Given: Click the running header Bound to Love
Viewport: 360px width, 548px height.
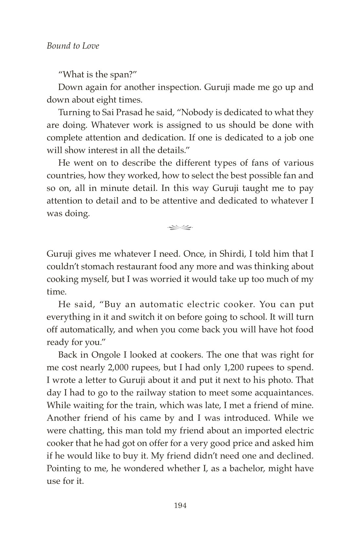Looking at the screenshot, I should point(73,46).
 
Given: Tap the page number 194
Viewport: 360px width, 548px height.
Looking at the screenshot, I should point(180,505).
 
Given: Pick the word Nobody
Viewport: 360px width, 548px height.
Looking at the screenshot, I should point(198,113).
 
